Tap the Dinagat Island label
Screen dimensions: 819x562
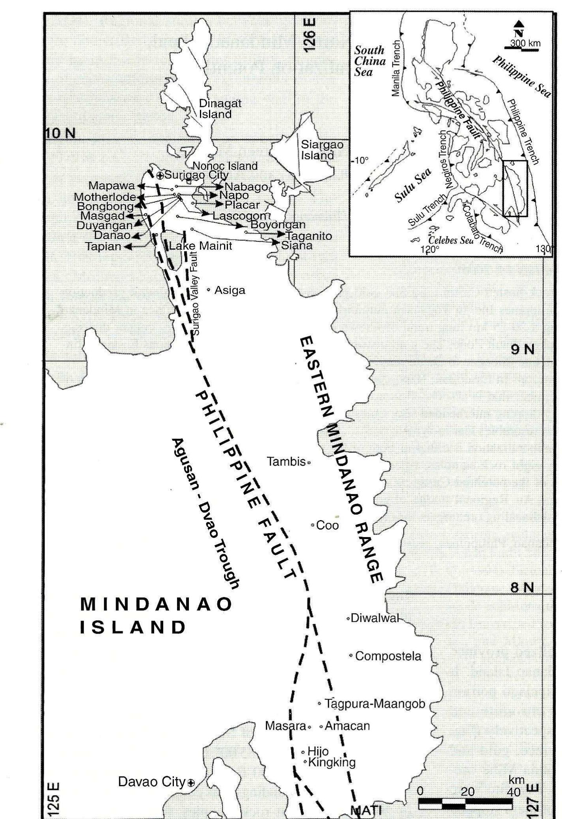220,109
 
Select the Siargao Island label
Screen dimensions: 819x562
322,150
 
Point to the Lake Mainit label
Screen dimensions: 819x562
200,246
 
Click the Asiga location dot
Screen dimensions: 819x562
209,290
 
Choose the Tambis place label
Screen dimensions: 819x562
286,461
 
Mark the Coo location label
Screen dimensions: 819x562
327,525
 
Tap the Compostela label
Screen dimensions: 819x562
388,656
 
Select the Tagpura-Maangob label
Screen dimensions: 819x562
375,704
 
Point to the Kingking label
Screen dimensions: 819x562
332,762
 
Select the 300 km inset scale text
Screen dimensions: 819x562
525,43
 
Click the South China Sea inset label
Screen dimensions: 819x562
370,61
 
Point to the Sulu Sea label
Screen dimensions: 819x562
413,186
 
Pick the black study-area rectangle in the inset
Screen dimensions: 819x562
515,188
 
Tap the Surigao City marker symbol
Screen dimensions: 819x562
160,175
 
